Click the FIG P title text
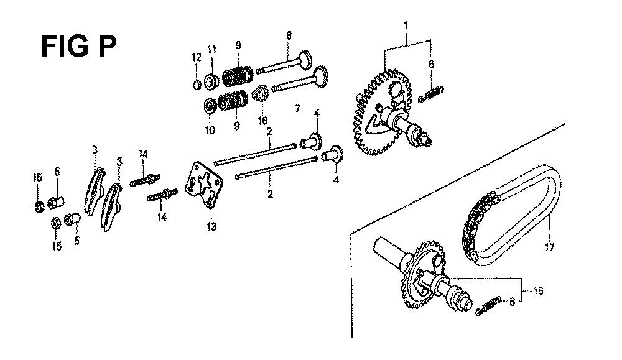pos(78,47)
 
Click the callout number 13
pos(211,226)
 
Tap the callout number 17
pos(549,248)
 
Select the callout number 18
pos(262,120)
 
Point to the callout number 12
pos(197,57)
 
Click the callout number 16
pos(538,290)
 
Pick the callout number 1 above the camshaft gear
pos(406,25)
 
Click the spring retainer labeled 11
pos(212,81)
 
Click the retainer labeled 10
pos(210,106)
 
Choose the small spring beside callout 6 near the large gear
pos(431,95)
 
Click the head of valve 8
pos(305,60)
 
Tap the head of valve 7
pos(320,77)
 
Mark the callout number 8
pos(289,35)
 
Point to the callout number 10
pos(210,130)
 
